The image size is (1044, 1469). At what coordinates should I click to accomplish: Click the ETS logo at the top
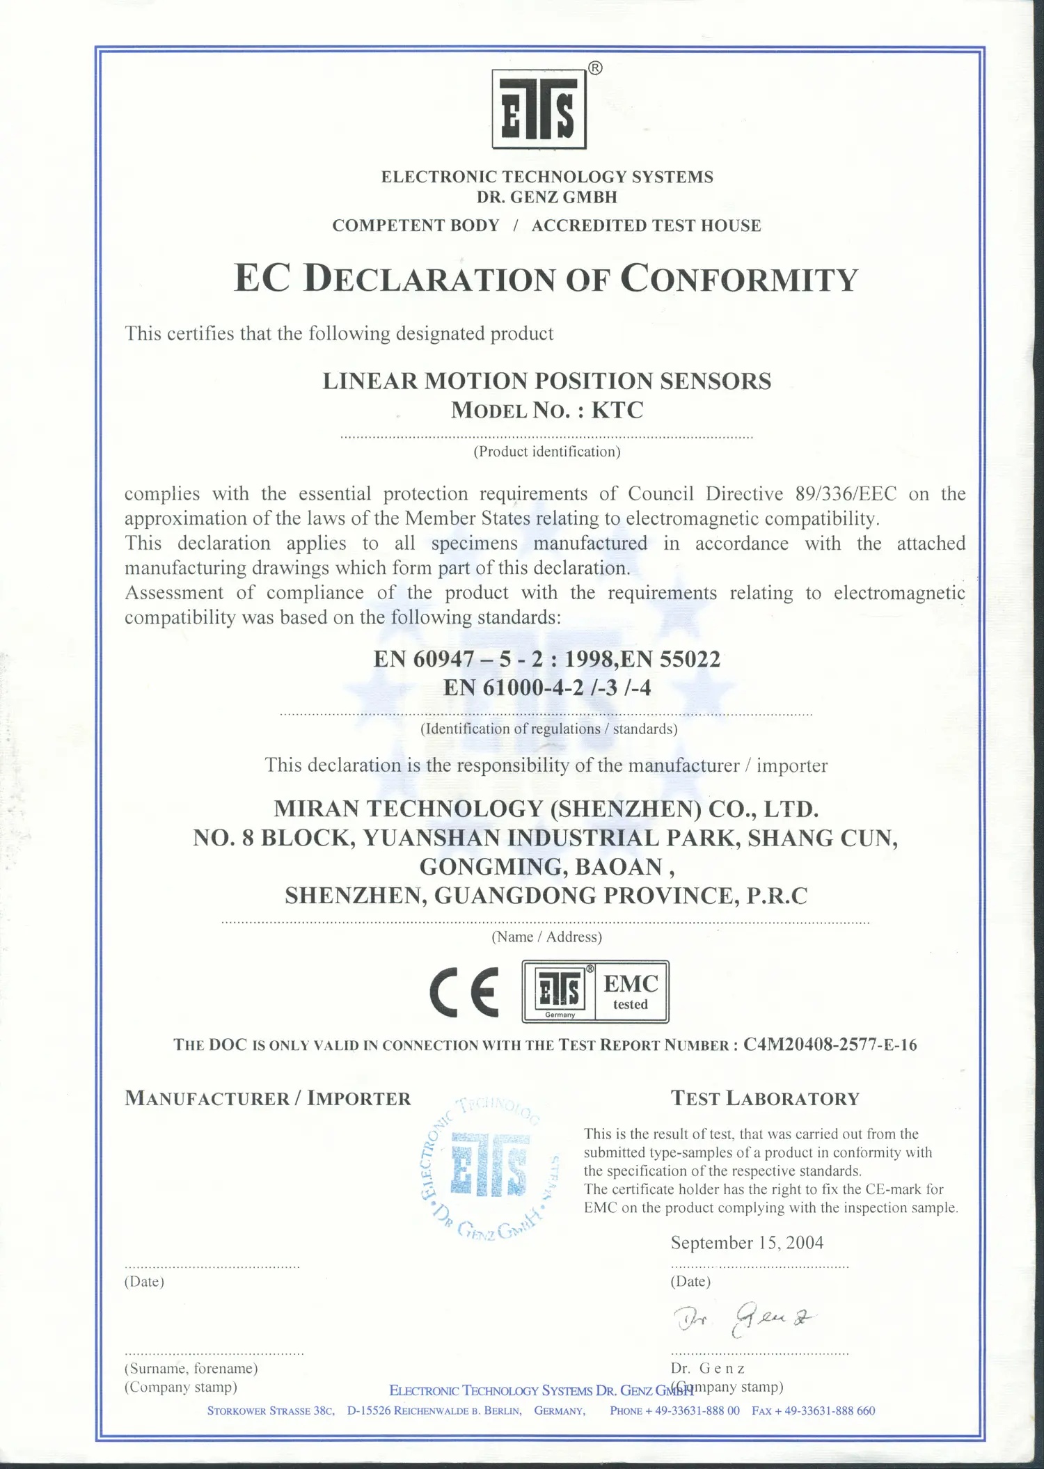point(539,109)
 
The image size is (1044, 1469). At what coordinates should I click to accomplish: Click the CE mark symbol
point(464,992)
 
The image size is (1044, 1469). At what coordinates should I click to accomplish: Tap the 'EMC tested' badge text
point(631,992)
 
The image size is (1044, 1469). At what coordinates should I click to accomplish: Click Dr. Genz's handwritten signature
point(743,1317)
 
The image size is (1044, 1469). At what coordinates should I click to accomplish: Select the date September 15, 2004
point(747,1242)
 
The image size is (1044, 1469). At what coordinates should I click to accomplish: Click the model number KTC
point(617,410)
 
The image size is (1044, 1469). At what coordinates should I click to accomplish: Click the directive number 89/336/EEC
point(846,493)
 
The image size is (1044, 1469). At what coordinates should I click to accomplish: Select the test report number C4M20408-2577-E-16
point(830,1045)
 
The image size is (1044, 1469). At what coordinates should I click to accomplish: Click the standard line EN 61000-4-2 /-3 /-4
point(547,688)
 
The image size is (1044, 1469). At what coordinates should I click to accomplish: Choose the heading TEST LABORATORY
point(765,1099)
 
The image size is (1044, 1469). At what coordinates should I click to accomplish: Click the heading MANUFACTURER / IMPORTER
point(268,1099)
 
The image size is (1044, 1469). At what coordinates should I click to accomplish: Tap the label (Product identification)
point(546,452)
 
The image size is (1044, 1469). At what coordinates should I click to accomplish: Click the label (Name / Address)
point(546,937)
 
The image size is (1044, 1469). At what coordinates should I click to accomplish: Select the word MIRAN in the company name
point(316,809)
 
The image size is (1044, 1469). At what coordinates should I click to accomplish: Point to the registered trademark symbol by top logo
point(595,68)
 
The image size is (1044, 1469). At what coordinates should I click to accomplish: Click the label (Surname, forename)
point(191,1367)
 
